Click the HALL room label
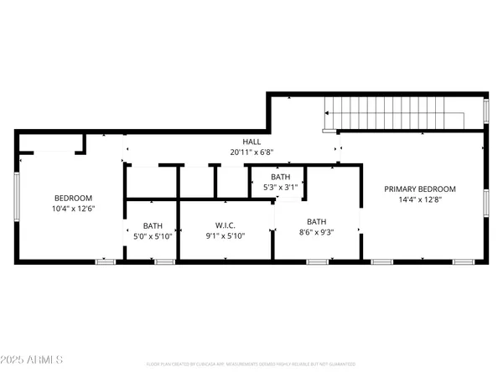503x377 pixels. click(x=251, y=142)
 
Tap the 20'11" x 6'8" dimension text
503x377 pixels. click(x=251, y=152)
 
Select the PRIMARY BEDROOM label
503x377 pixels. click(x=420, y=189)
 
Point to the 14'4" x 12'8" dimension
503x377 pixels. click(x=420, y=199)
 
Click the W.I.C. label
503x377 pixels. click(x=226, y=225)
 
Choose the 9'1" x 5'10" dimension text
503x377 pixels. click(x=226, y=235)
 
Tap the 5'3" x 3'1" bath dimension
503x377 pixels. click(x=280, y=187)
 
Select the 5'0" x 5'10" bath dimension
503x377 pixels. click(x=153, y=235)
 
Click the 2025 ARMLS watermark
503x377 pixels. click(x=33, y=360)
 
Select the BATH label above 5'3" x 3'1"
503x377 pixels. click(x=280, y=177)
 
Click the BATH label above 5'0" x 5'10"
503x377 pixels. click(x=153, y=225)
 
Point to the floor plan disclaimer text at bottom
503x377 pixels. click(x=251, y=364)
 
